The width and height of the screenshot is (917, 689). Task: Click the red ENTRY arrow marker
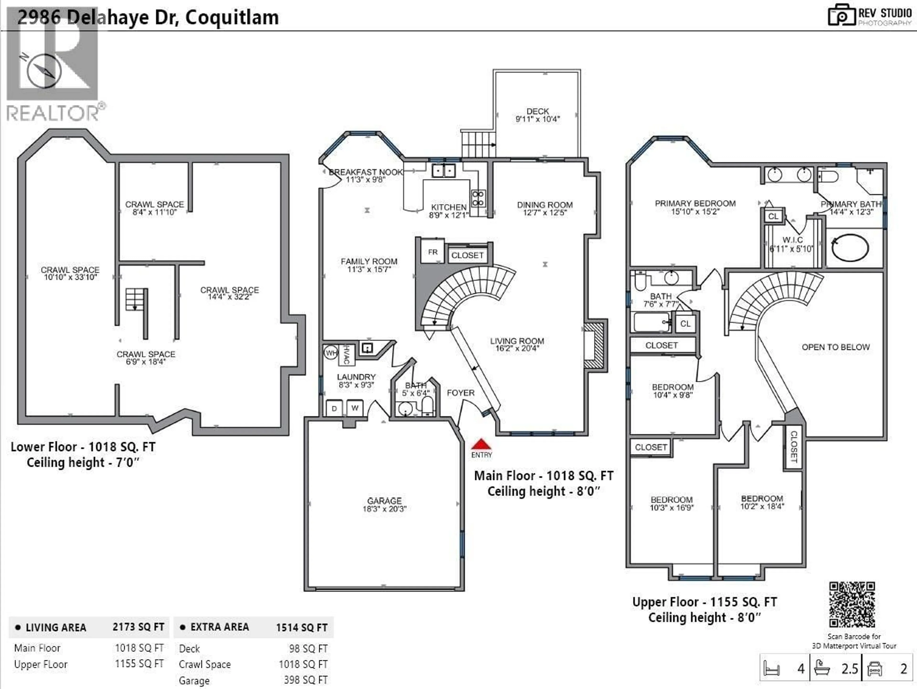coord(481,445)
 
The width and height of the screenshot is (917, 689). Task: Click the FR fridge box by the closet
coord(432,252)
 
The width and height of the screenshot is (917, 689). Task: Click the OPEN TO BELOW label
coord(835,347)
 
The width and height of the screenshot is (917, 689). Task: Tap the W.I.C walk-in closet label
coord(792,240)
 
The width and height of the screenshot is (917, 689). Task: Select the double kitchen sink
coord(443,170)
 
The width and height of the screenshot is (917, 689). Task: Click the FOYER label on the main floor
coord(461,393)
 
